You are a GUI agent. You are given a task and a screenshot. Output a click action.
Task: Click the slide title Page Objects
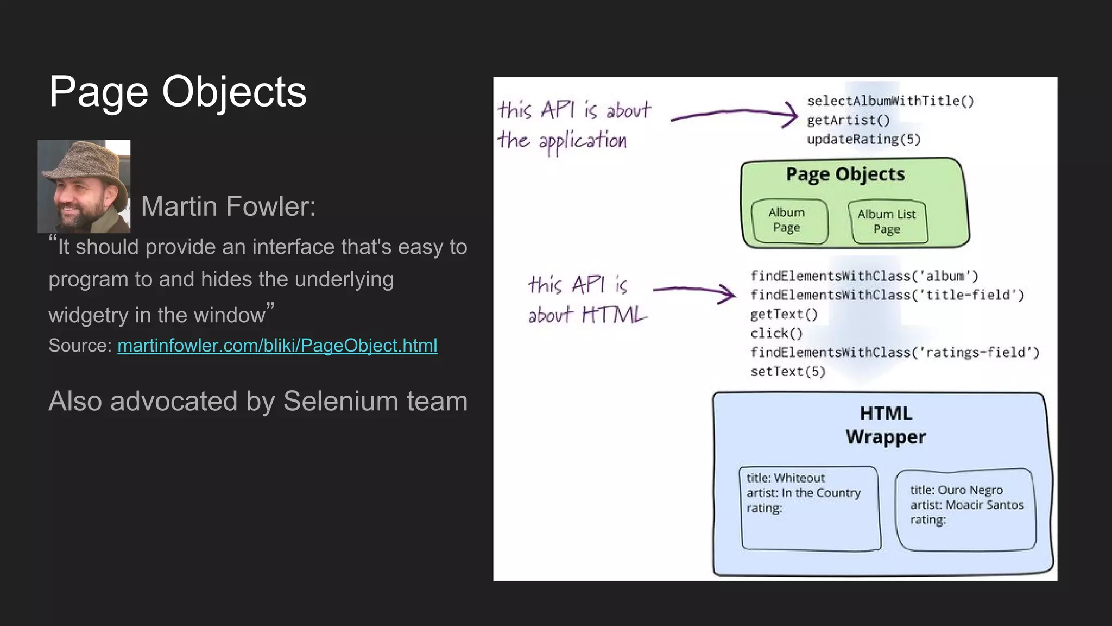[x=178, y=91]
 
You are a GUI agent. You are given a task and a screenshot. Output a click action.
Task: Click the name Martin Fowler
[x=228, y=206]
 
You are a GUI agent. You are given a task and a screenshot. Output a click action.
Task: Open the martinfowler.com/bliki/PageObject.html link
[x=277, y=346]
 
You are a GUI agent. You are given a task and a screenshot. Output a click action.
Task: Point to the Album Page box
[x=788, y=220]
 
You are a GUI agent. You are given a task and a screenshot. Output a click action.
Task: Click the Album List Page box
[x=887, y=222]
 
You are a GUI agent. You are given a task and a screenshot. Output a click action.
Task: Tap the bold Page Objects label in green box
[x=845, y=174]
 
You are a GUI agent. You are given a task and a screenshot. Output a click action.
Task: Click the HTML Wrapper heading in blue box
[x=886, y=425]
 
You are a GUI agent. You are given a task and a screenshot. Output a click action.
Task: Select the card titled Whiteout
[x=809, y=508]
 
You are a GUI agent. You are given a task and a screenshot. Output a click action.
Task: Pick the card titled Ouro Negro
[x=965, y=509]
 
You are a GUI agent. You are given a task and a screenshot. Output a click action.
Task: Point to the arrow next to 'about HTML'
[x=694, y=292]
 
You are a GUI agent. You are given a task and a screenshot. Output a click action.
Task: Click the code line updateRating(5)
[x=863, y=140]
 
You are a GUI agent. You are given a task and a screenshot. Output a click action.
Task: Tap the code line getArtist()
[x=848, y=120]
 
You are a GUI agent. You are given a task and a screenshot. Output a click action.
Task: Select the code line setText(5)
[x=787, y=372]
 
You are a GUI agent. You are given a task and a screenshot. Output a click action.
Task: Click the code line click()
[x=776, y=333]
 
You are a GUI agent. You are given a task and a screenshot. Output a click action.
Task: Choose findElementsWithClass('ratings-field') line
[x=894, y=353]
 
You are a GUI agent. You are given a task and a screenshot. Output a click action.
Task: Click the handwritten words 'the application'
[x=563, y=141]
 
